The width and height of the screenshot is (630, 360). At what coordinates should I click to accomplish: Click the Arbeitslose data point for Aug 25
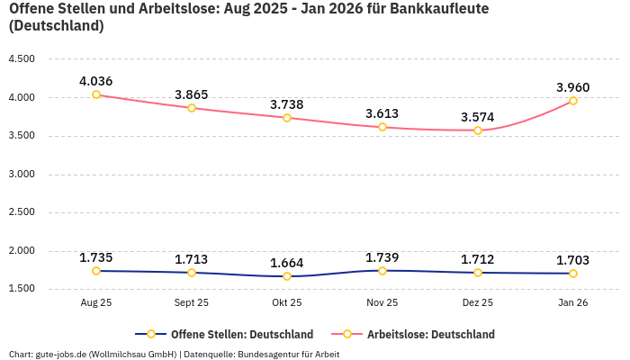tap(96, 94)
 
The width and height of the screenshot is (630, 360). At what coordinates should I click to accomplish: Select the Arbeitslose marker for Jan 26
tap(573, 101)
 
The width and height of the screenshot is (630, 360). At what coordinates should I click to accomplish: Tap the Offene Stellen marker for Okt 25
tap(287, 276)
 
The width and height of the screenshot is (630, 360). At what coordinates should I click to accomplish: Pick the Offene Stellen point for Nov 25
tap(382, 271)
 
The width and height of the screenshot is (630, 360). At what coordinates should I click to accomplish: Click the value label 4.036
tap(96, 81)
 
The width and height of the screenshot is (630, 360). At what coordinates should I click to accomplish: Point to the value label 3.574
tap(478, 117)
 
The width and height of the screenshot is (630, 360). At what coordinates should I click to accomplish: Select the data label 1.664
tap(287, 263)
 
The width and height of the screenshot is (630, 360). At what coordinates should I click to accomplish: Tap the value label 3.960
tap(573, 87)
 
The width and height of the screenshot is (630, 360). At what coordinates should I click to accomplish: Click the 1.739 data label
tap(382, 257)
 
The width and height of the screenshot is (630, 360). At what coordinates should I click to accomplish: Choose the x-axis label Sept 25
tap(192, 303)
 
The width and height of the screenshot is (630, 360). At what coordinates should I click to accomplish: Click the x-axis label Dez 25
tap(478, 303)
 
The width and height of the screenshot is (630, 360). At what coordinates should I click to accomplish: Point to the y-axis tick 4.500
tap(21, 59)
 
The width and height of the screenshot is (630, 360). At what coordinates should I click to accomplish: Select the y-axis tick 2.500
tap(21, 212)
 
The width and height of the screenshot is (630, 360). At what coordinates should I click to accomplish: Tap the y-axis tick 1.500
tap(21, 289)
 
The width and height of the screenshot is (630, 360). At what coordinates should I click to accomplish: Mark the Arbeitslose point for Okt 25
tap(287, 118)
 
